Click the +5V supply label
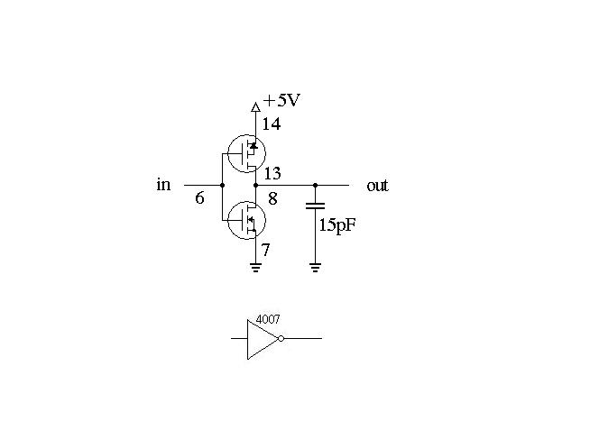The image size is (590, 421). point(281,100)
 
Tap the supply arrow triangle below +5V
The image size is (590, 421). point(255,107)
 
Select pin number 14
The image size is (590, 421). point(272,124)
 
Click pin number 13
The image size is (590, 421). point(272,173)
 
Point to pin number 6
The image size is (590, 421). point(199,197)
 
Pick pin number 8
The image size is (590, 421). point(272,198)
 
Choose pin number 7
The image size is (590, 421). point(265,250)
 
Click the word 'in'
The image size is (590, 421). point(163,184)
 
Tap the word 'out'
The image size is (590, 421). point(377,186)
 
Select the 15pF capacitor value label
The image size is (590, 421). point(337,225)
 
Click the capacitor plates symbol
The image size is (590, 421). point(315,206)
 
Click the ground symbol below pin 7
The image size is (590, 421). point(255,267)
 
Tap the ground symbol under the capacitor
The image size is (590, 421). point(315,267)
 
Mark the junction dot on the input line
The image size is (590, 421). point(222,185)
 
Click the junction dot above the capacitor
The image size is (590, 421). point(315,185)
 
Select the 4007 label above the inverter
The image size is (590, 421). point(268,319)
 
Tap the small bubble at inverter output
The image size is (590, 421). point(281,339)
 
